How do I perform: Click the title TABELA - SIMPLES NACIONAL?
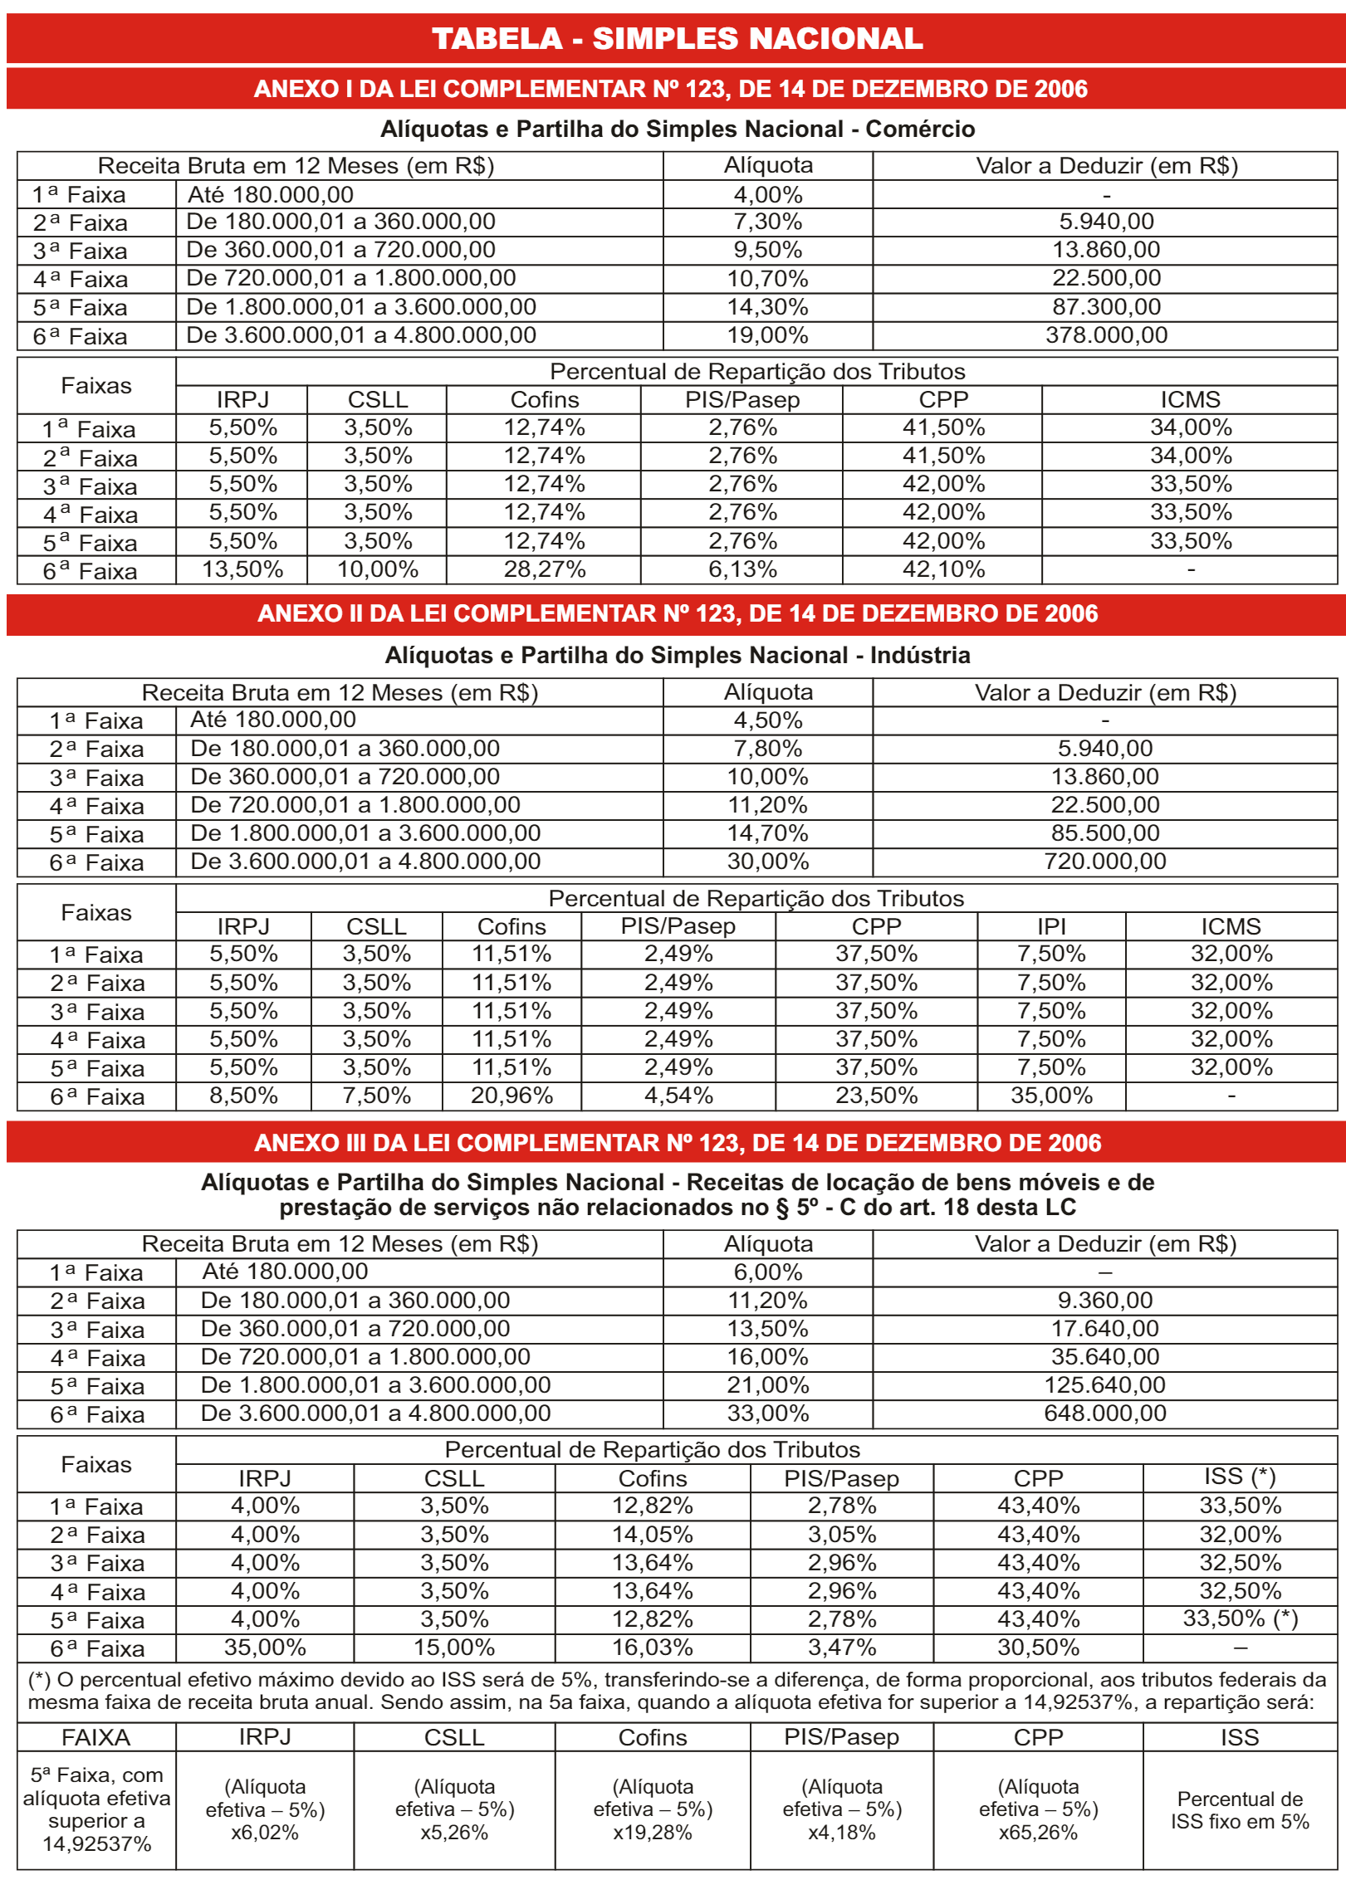677,38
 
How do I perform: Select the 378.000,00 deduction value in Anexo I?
1105,335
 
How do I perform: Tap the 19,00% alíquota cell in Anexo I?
767,335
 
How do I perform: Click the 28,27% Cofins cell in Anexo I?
544,569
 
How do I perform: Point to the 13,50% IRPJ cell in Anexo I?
242,569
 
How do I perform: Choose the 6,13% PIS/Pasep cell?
742,569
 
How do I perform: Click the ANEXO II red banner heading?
677,613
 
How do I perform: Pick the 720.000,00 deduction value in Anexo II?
1104,862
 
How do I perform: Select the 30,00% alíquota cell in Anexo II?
767,862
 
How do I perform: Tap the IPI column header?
1050,926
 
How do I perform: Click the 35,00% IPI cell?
1050,1096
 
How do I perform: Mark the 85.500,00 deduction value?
1104,833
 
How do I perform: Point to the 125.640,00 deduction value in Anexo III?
1104,1384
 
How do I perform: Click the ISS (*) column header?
1239,1477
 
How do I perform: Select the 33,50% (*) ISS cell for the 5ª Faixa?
1239,1618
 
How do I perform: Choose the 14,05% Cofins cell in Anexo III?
652,1534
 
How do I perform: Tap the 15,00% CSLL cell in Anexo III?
453,1648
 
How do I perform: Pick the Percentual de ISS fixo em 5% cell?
1239,1810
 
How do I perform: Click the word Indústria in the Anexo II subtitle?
919,656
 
